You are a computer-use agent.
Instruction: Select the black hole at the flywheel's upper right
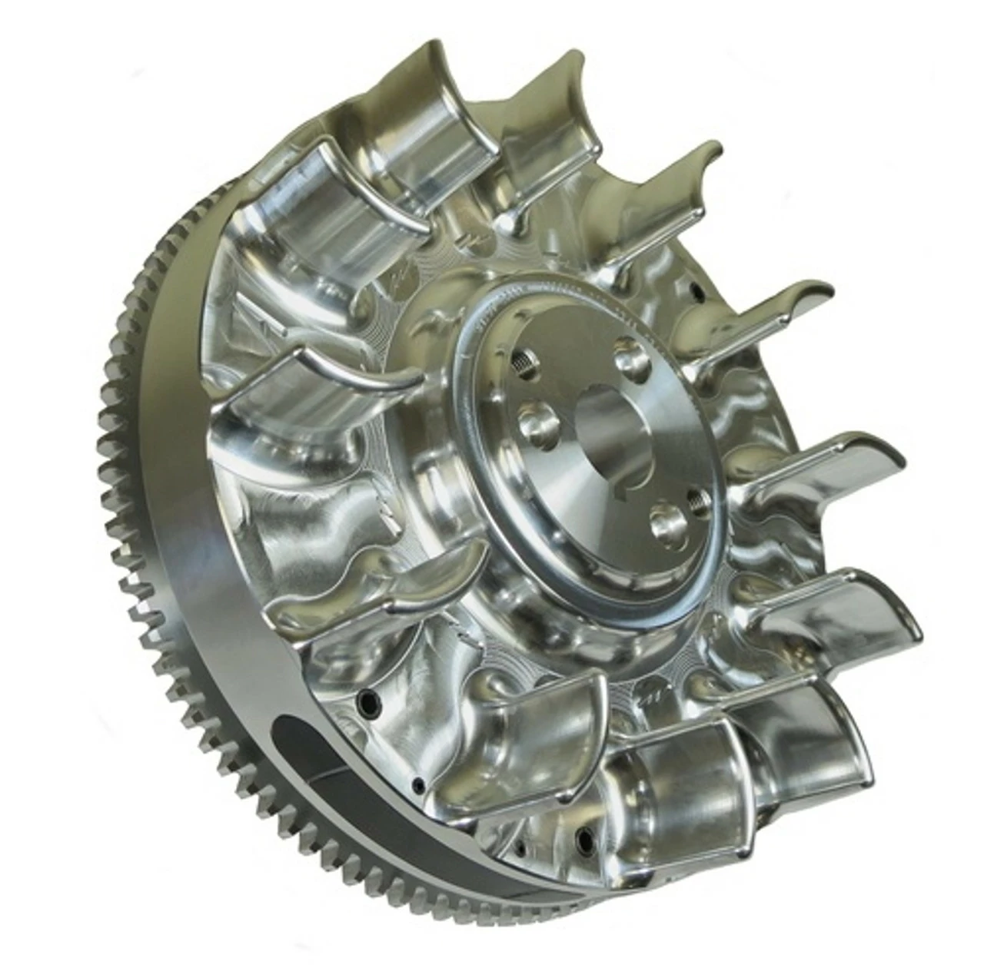pyautogui.click(x=696, y=290)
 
